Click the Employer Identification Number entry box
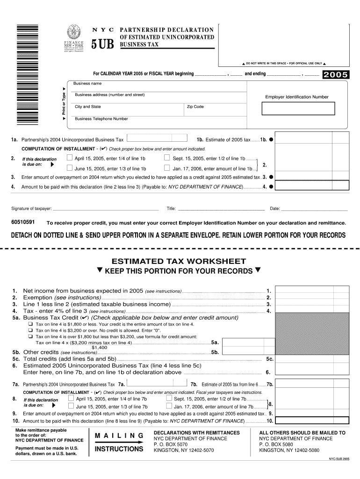pos(298,108)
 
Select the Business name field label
pos(87,83)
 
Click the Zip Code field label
pos(195,107)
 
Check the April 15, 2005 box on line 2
pos(70,158)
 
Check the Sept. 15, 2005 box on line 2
pos(167,158)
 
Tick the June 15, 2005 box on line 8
pos(71,406)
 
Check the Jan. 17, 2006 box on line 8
pos(169,406)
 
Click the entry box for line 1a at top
pos(156,139)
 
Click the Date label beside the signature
pos(274,209)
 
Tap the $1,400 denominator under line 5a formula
pos(99,348)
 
